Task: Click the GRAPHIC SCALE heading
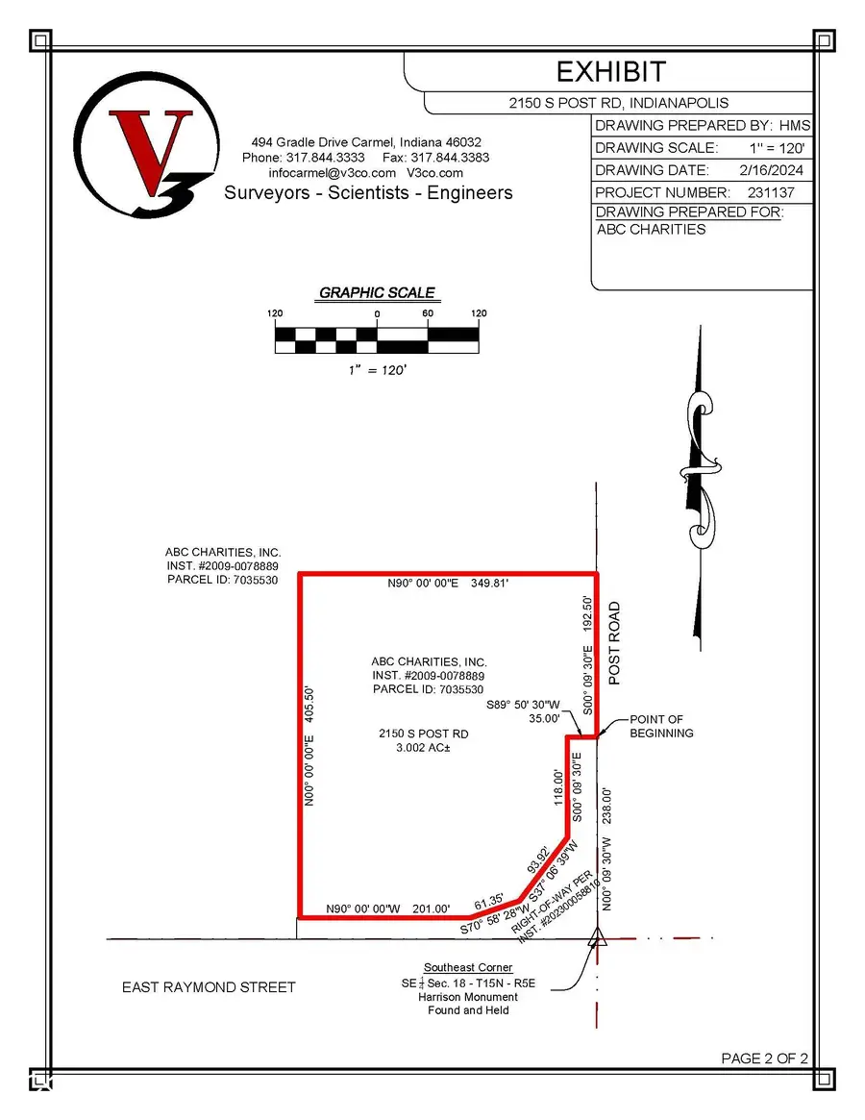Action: pyautogui.click(x=377, y=292)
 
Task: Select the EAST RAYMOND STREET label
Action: pyautogui.click(x=209, y=986)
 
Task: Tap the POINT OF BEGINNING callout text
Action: pyautogui.click(x=661, y=726)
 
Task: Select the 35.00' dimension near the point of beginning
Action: pyautogui.click(x=544, y=717)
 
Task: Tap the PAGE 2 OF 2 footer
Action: pyautogui.click(x=764, y=1058)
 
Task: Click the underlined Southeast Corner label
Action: pyautogui.click(x=468, y=967)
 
